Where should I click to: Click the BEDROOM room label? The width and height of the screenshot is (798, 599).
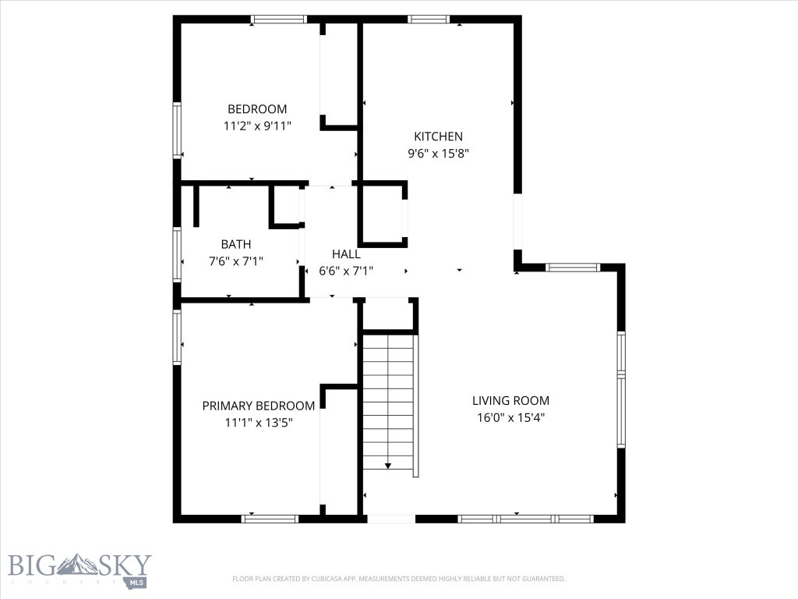[257, 109]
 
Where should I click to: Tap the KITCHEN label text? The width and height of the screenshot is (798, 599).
[438, 136]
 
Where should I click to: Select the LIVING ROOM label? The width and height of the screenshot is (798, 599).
[510, 401]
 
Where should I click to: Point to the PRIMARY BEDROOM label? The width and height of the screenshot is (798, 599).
[259, 406]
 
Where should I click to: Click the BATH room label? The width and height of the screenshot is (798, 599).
[235, 244]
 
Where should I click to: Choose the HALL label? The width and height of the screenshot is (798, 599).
[346, 253]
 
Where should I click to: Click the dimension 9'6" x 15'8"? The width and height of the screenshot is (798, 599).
[438, 154]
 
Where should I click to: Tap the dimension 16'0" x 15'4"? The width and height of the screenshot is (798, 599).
[510, 417]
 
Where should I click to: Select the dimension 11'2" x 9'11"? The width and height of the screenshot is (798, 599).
[257, 126]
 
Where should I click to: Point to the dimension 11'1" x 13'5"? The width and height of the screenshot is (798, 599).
[259, 422]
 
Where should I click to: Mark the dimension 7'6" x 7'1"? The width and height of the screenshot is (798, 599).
[235, 261]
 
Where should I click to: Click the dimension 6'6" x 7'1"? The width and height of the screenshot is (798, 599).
[346, 271]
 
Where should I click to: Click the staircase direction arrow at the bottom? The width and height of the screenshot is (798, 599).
[388, 466]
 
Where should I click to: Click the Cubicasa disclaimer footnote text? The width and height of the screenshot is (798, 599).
[398, 579]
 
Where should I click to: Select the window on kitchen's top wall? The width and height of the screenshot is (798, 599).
[429, 19]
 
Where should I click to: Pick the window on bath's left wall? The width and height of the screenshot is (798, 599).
[178, 253]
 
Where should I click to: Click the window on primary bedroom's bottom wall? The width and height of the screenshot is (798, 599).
[270, 518]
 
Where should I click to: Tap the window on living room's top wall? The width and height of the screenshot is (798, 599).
[573, 268]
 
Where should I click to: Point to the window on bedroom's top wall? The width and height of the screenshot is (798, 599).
[279, 19]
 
